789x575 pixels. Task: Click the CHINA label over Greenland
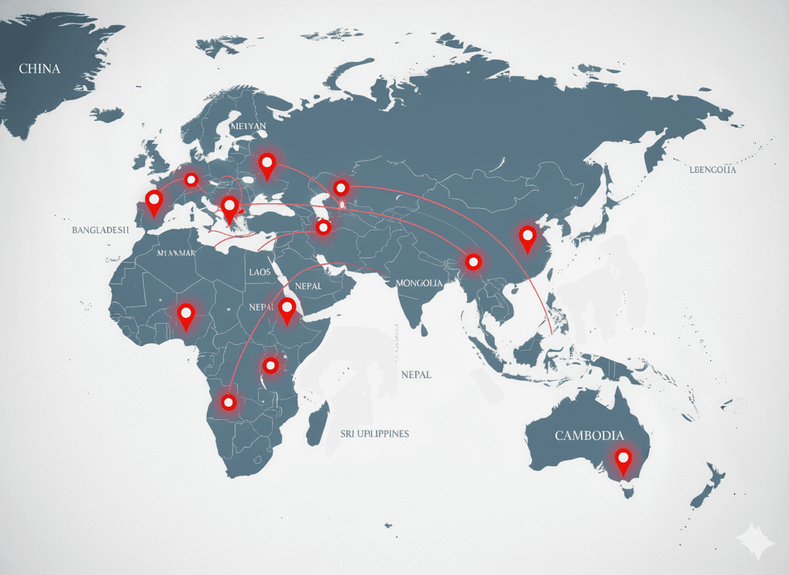point(39,69)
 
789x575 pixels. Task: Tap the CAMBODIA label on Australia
point(590,436)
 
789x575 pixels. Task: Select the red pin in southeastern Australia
point(623,460)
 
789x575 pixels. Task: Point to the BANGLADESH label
point(100,229)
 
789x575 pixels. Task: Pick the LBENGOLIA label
point(712,170)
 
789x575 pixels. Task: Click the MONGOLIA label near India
point(419,283)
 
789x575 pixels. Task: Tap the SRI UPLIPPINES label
point(375,433)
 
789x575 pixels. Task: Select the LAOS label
point(260,272)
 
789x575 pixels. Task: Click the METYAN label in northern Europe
point(247,125)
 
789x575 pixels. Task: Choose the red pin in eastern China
point(528,237)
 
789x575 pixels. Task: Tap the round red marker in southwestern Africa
point(229,402)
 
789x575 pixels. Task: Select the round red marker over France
point(192,179)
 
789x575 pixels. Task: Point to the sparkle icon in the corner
point(756,539)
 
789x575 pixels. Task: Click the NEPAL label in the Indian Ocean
point(416,375)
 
